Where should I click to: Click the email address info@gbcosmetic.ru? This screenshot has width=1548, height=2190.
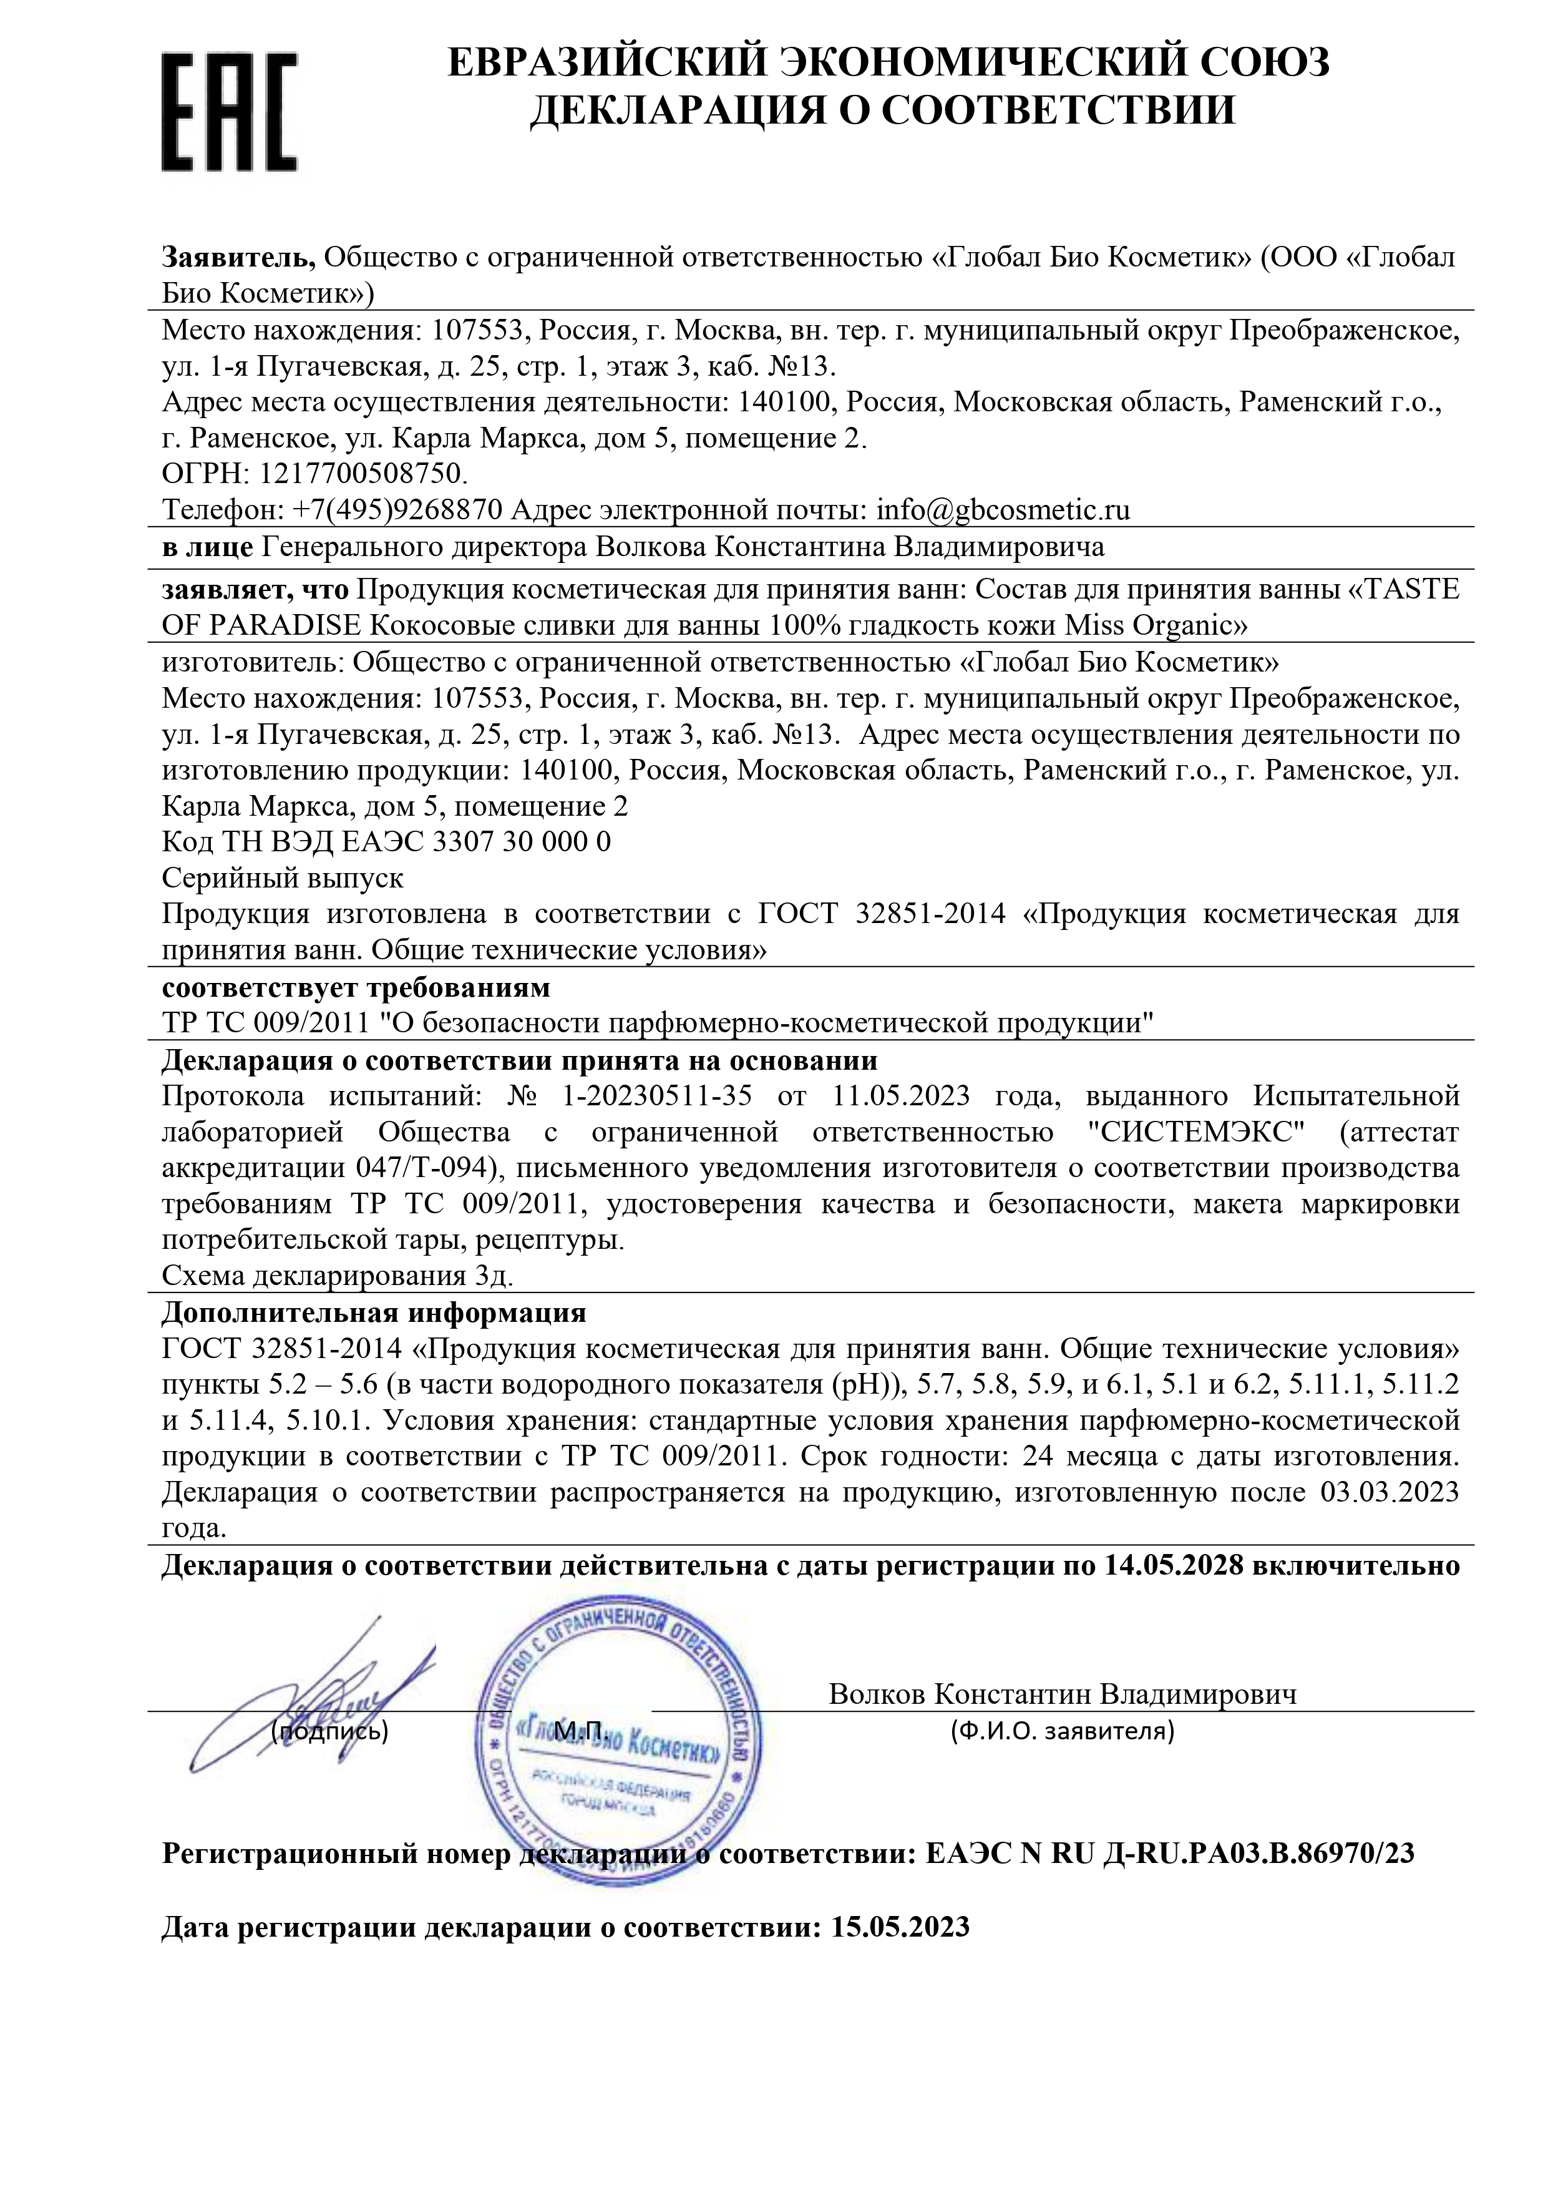[1003, 511]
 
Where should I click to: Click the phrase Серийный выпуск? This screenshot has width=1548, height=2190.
[282, 877]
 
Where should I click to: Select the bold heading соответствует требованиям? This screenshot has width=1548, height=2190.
[356, 985]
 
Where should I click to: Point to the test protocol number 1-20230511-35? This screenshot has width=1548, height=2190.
[657, 1097]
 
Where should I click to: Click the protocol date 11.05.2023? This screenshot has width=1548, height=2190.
[900, 1097]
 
